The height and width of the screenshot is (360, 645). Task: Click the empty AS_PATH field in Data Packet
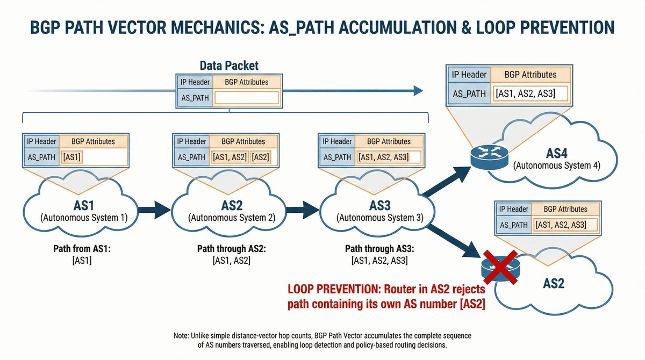coord(246,97)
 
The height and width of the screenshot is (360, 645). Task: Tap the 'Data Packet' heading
coord(229,66)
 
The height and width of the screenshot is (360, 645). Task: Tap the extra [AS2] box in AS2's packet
coord(261,157)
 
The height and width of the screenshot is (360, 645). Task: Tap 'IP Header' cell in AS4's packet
coord(469,75)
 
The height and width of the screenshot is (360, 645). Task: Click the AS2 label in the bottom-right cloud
coord(554,283)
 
